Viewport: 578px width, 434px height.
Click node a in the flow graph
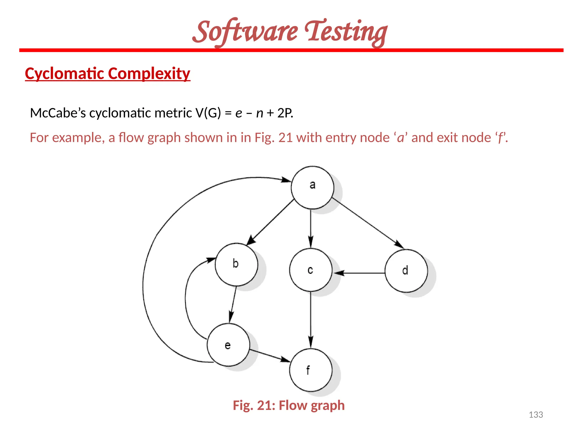coord(312,188)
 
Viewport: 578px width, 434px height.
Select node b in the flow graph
coord(236,264)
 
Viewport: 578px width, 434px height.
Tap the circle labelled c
coord(310,270)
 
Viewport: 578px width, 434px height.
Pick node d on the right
coord(406,271)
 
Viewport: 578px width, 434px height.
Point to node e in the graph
coord(228,345)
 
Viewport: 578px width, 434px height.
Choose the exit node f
coord(310,370)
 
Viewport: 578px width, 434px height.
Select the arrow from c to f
coord(310,319)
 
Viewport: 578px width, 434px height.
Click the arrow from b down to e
coord(233,304)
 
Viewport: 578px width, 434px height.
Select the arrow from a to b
coord(271,222)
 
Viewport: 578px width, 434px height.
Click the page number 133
coord(536,415)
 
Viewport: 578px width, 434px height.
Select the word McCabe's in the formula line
coord(58,113)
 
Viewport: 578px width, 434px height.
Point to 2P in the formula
coord(284,113)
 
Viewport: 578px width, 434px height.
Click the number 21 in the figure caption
coord(264,405)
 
